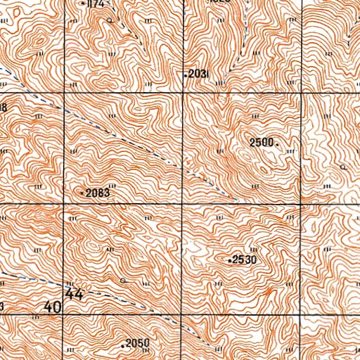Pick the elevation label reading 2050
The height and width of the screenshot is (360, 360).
[138, 344]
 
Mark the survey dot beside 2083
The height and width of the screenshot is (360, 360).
[83, 193]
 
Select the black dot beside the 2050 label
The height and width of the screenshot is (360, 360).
[122, 345]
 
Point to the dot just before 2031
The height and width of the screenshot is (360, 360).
[186, 75]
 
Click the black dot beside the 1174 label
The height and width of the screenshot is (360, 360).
[84, 4]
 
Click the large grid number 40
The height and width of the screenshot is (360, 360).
[52, 307]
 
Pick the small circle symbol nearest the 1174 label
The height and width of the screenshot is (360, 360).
[110, 21]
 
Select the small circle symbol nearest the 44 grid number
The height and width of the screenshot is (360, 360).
[123, 280]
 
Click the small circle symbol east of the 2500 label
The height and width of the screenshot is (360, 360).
[342, 167]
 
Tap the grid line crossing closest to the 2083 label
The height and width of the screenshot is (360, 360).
[65, 205]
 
